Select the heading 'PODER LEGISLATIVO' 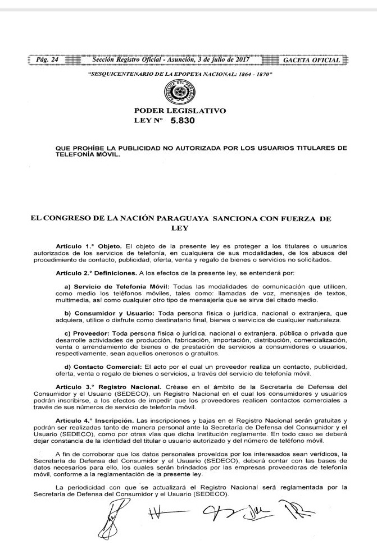[x=180, y=111]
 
